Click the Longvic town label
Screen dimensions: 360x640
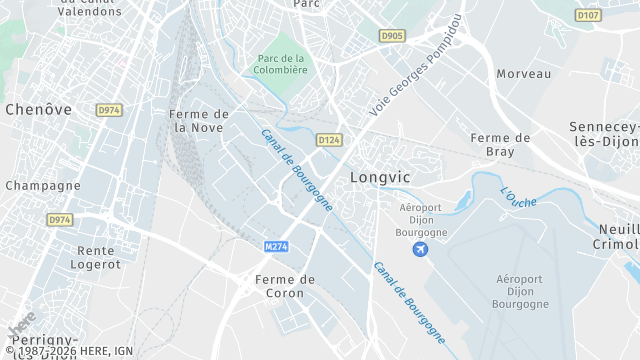380,177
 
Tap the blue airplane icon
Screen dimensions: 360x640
420,247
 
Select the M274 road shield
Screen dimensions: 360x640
277,246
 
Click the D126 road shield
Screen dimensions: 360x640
329,139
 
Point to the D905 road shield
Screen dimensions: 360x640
393,36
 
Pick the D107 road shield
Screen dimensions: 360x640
589,15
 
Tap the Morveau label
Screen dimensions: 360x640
524,74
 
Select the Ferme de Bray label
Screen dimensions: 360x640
500,144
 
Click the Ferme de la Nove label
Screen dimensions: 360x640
200,121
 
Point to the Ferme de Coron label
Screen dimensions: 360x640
285,286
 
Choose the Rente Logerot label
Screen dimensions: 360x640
95,257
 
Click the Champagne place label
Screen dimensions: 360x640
43,186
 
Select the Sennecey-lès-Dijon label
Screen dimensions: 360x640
603,134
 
